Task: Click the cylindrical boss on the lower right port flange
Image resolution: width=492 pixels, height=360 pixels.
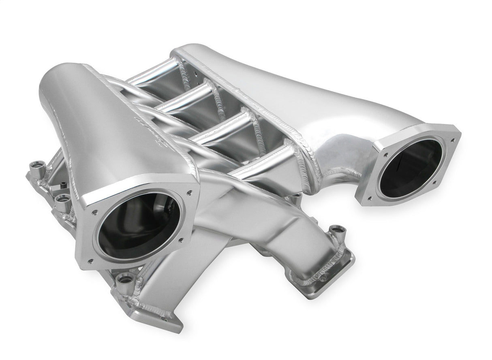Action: click(336, 232)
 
